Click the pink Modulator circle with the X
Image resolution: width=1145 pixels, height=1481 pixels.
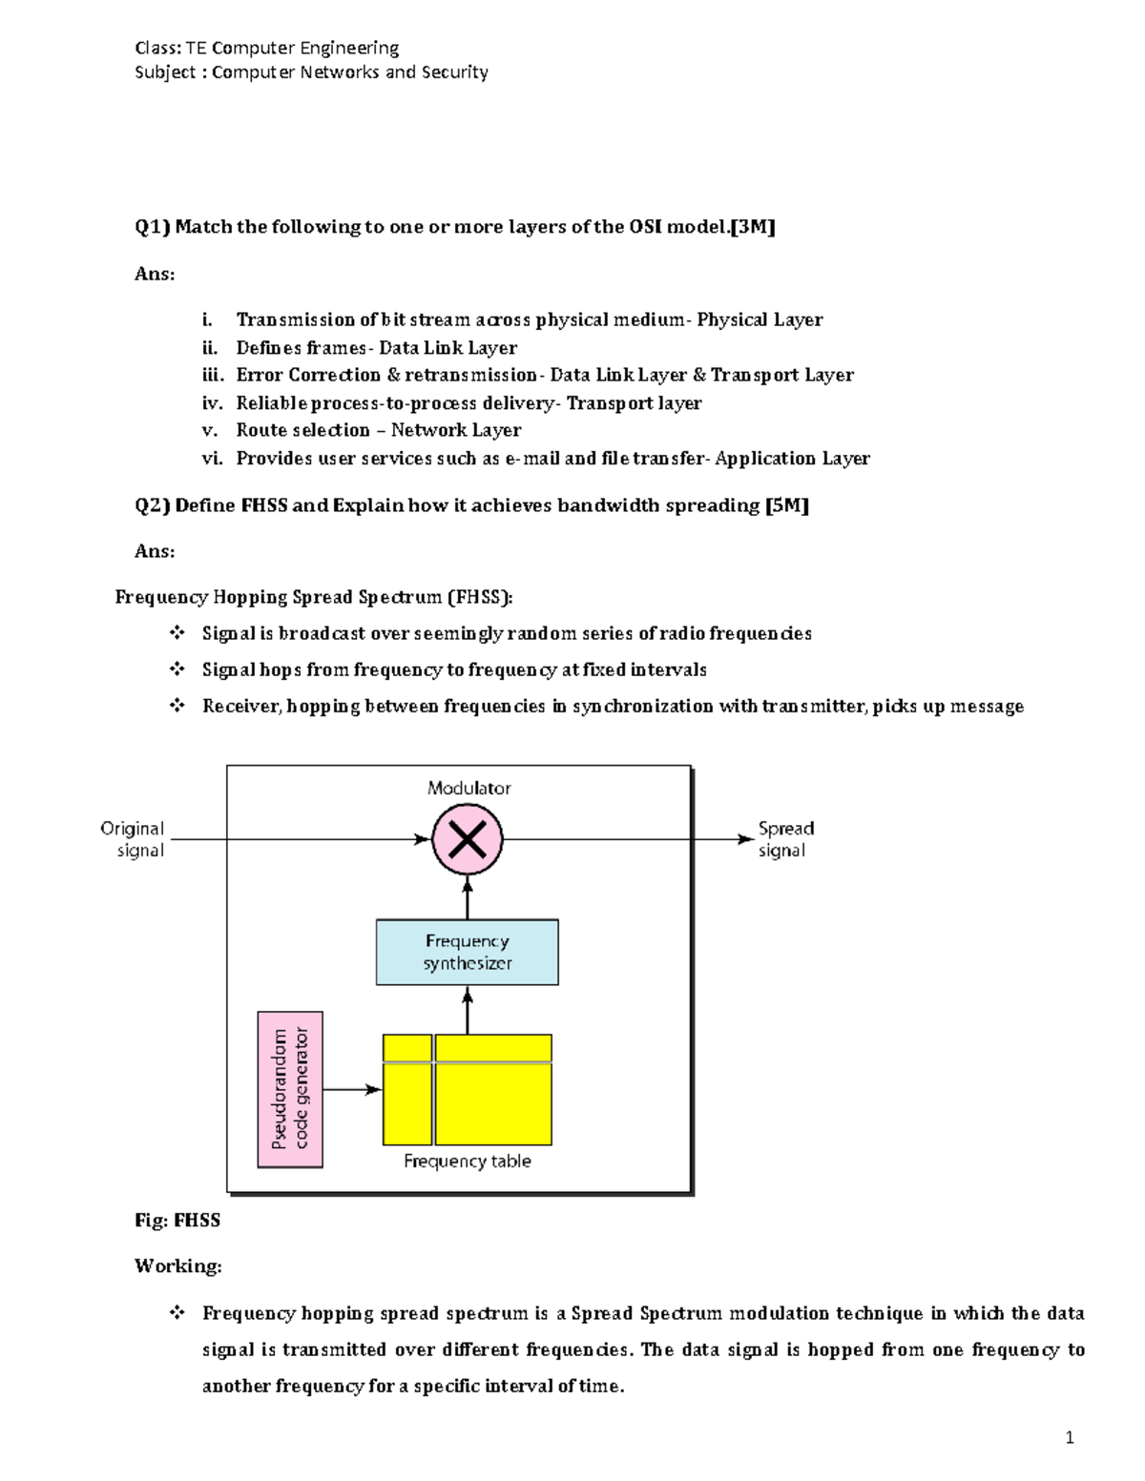point(467,839)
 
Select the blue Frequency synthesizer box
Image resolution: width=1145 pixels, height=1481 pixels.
point(467,952)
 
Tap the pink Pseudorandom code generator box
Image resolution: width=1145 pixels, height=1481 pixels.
point(290,1089)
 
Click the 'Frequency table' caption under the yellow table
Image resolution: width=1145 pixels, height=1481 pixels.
point(467,1161)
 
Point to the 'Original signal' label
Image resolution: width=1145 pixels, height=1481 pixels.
point(133,839)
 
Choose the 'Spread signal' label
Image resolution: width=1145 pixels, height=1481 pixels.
point(785,839)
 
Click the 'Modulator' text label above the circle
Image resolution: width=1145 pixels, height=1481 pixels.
point(468,788)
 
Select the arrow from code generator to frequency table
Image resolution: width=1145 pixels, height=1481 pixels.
point(352,1089)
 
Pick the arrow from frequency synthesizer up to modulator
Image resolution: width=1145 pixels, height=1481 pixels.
point(468,897)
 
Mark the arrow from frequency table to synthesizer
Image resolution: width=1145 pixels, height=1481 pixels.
point(468,1010)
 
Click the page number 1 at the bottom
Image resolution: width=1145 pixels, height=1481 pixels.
point(1070,1438)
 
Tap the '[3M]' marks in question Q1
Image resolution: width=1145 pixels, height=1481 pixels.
point(752,227)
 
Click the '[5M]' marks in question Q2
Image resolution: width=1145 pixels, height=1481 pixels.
point(787,505)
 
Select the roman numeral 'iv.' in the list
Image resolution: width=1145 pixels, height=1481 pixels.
point(212,403)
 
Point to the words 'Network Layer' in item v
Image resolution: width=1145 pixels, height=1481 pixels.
point(456,430)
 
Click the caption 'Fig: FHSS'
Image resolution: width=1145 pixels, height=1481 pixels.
point(177,1221)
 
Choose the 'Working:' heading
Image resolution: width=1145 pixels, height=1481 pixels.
point(177,1266)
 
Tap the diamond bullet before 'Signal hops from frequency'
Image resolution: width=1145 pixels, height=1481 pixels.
point(177,669)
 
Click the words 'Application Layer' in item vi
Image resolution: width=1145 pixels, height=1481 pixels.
point(792,459)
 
